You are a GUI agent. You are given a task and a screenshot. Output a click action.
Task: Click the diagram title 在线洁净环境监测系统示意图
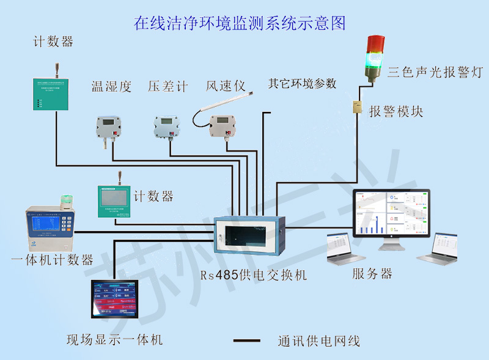(x=240, y=24)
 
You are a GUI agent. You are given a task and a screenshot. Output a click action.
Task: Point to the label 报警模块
(x=395, y=111)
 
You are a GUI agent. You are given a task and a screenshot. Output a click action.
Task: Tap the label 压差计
(x=167, y=86)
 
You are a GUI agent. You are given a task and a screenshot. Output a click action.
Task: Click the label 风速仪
(x=226, y=86)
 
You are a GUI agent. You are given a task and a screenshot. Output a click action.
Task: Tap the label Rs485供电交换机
(x=253, y=275)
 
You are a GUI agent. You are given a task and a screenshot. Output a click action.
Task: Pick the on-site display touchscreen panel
(x=116, y=299)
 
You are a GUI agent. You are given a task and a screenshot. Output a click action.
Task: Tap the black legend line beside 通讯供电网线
(x=248, y=340)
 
